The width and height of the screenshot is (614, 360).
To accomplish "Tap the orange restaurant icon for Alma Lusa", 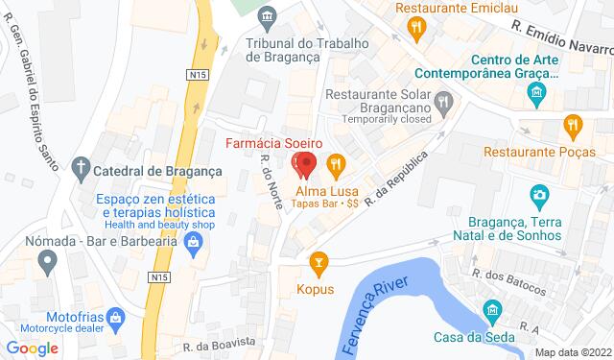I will point(335,164).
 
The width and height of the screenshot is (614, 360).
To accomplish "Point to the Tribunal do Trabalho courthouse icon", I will point(268,16).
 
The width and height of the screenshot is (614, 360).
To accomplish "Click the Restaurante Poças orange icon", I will point(573,123).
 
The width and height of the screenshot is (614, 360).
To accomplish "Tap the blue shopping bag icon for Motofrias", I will point(115,317).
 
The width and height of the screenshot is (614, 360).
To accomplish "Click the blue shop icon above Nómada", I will point(194,241).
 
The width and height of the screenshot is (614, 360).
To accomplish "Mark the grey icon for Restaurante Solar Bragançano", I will point(442,99).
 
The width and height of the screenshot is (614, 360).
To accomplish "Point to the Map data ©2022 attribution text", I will point(573,352).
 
